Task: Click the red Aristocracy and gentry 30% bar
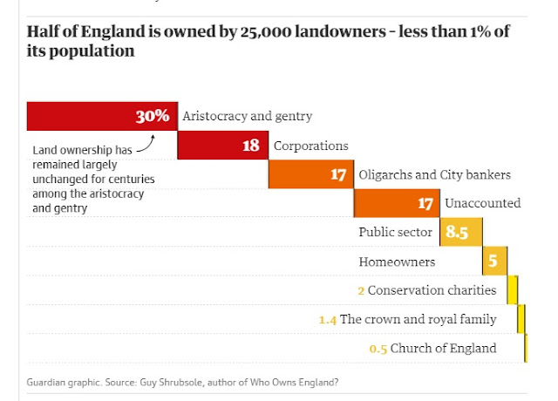[x=101, y=116]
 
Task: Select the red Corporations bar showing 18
[x=222, y=146]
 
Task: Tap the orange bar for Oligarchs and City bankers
[x=310, y=174]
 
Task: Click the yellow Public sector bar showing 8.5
[x=461, y=232]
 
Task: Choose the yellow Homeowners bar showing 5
[x=494, y=261]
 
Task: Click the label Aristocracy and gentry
[x=247, y=116]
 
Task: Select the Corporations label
[x=310, y=146]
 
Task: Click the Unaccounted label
[x=482, y=203]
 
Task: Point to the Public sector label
[x=395, y=232]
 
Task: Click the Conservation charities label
[x=432, y=290]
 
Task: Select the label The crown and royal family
[x=418, y=319]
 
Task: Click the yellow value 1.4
[x=327, y=320]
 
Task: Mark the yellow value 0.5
[x=378, y=349]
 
